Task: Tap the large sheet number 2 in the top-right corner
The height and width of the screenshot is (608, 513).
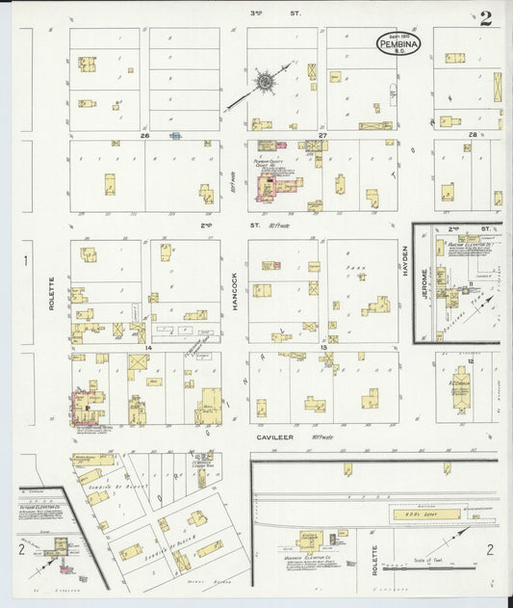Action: pos(486,18)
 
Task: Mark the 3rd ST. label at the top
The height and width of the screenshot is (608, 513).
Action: pos(256,13)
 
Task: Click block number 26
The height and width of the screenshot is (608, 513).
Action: pos(144,136)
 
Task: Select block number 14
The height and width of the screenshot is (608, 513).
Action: pos(147,347)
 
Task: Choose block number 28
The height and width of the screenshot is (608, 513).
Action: pos(472,135)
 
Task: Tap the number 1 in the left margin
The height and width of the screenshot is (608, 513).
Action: pos(26,260)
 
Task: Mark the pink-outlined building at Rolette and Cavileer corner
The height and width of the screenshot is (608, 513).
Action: pos(84,407)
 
